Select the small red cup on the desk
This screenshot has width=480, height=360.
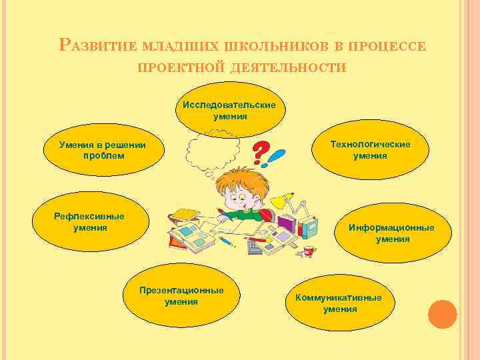coord(309,251)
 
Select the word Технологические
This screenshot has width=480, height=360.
coord(370,144)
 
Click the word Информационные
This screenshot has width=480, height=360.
coord(391,227)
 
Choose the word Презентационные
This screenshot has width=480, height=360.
coord(181,291)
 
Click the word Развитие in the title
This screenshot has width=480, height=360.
coord(97,45)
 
